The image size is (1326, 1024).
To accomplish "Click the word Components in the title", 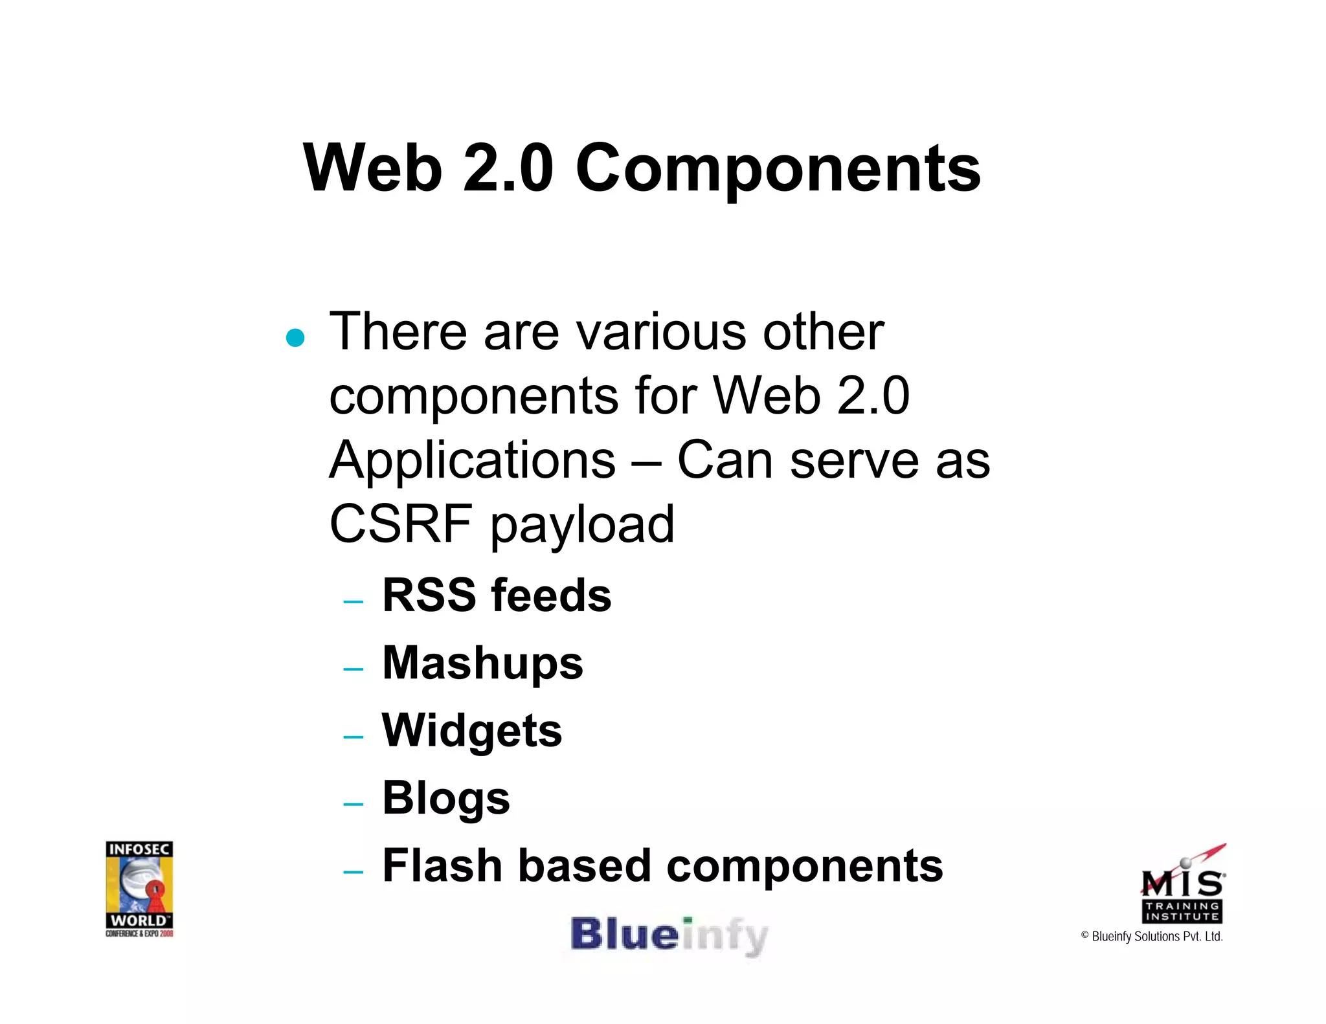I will (x=778, y=170).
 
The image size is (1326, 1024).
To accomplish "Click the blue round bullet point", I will (x=295, y=338).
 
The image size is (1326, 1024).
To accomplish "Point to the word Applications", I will (x=472, y=462).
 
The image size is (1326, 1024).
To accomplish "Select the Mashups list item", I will (x=482, y=663).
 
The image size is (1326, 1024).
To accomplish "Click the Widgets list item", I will (x=472, y=731).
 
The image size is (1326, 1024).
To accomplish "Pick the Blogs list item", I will (x=446, y=799).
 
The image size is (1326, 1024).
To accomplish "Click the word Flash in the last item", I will (x=442, y=865).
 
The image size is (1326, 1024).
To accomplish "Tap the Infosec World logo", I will (x=139, y=888).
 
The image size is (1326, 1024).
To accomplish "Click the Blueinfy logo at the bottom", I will (x=669, y=936).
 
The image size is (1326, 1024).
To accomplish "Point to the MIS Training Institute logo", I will (x=1182, y=884).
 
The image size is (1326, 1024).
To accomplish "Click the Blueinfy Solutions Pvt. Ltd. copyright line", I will (x=1152, y=937).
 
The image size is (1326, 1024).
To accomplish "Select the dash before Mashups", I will (x=354, y=669).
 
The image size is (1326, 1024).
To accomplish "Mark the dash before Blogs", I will (x=354, y=805).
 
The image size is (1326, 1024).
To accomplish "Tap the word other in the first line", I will (x=823, y=332).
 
